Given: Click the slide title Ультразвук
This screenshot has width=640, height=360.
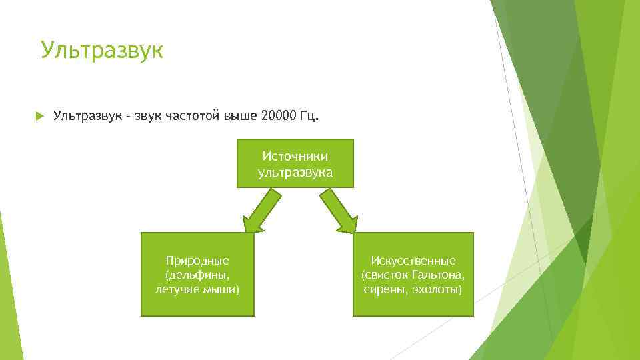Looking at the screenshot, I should click(x=101, y=50).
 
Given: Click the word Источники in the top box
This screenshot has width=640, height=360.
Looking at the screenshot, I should click(x=295, y=156).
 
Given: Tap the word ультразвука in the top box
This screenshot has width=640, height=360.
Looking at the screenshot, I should click(x=295, y=171).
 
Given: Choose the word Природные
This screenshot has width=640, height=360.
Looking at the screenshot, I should click(x=197, y=260).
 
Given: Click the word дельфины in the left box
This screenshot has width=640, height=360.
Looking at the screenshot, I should click(x=197, y=275).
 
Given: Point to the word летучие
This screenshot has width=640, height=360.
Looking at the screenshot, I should click(x=177, y=290).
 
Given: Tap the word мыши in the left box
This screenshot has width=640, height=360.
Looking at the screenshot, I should click(x=221, y=290).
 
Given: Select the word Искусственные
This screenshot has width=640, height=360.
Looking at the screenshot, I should click(x=413, y=260).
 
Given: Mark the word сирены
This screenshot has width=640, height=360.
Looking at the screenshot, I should click(x=386, y=290).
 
